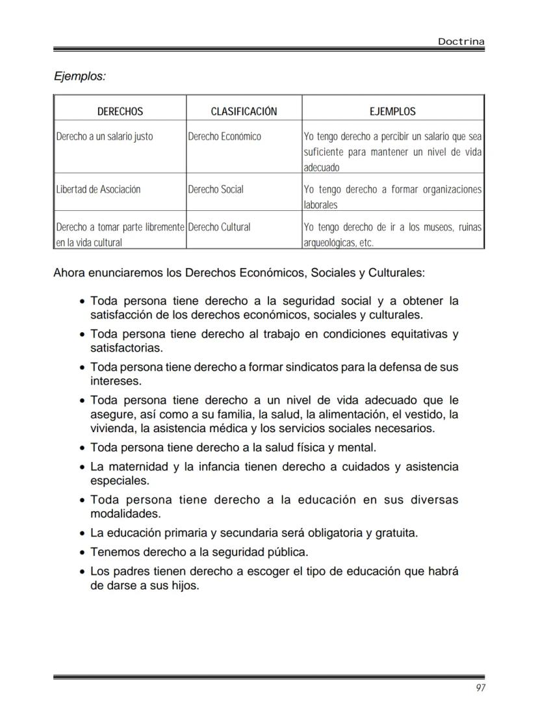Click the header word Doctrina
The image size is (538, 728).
click(x=461, y=42)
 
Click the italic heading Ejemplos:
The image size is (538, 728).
click(x=79, y=77)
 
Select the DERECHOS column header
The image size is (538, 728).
click(x=120, y=112)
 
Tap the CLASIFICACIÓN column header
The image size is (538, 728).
click(x=244, y=112)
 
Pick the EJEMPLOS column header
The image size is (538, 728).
click(x=392, y=112)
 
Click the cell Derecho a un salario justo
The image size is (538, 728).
click(x=105, y=137)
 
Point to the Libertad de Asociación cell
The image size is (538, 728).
click(x=98, y=189)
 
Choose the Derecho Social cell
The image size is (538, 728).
click(x=216, y=189)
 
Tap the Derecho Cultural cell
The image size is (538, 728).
click(x=219, y=228)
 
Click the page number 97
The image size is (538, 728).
click(x=480, y=688)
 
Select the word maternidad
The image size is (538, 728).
click(x=136, y=467)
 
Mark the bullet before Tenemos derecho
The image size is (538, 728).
click(x=81, y=553)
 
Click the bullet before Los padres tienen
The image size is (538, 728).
click(x=81, y=572)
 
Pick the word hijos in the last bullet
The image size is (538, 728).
click(x=184, y=585)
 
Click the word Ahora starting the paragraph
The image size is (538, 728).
click(x=69, y=273)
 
